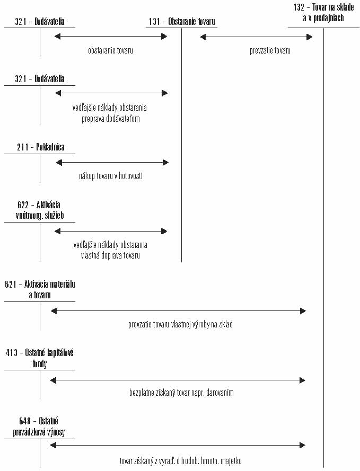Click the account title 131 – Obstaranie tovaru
[182, 21]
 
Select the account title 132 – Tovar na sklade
[323, 13]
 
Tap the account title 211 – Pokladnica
[41, 147]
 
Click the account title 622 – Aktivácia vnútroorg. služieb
[40, 210]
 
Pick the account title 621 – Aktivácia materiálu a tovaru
[40, 290]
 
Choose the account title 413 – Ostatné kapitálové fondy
[40, 358]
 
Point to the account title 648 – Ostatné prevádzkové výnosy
[39, 426]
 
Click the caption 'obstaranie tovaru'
[111, 50]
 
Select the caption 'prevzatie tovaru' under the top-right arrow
[270, 50]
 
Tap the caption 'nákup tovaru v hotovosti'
[111, 176]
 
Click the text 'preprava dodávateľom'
[111, 119]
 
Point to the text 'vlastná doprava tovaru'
[110, 255]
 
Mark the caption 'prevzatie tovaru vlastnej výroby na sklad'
[180, 324]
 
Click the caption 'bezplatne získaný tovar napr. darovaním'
[181, 393]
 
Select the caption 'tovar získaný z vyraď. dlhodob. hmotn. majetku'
[181, 461]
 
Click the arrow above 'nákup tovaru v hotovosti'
[112, 163]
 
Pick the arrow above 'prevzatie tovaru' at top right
[256, 37]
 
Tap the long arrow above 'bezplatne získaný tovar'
[178, 380]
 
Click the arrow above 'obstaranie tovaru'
[111, 37]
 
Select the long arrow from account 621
[178, 311]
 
